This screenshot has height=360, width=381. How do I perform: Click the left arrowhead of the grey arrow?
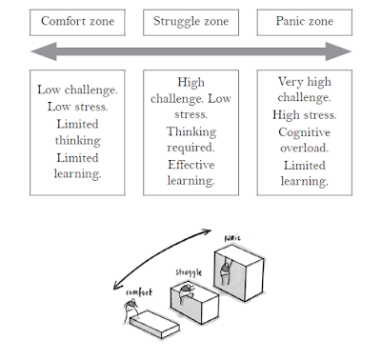pyautogui.click(x=44, y=51)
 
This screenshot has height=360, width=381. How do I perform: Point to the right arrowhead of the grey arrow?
pyautogui.click(x=339, y=51)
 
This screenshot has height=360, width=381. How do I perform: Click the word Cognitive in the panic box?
pyautogui.click(x=305, y=132)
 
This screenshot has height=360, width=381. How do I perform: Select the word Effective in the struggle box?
pyautogui.click(x=191, y=165)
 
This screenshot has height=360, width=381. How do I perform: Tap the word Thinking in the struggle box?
pyautogui.click(x=191, y=131)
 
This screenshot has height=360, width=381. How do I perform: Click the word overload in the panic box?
pyautogui.click(x=304, y=148)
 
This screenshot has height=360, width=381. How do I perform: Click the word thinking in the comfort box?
pyautogui.click(x=78, y=141)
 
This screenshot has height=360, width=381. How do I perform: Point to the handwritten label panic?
pyautogui.click(x=232, y=238)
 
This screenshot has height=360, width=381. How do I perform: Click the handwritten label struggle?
pyautogui.click(x=189, y=272)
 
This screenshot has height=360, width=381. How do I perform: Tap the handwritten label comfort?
pyautogui.click(x=139, y=292)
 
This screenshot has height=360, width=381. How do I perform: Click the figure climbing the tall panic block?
pyautogui.click(x=226, y=271)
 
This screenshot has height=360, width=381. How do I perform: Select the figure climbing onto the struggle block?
pyautogui.click(x=185, y=293)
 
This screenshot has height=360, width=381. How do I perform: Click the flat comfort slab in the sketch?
pyautogui.click(x=154, y=325)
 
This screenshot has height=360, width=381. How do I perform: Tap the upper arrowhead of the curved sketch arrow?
pyautogui.click(x=208, y=231)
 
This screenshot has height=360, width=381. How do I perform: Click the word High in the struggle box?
pyautogui.click(x=190, y=83)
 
